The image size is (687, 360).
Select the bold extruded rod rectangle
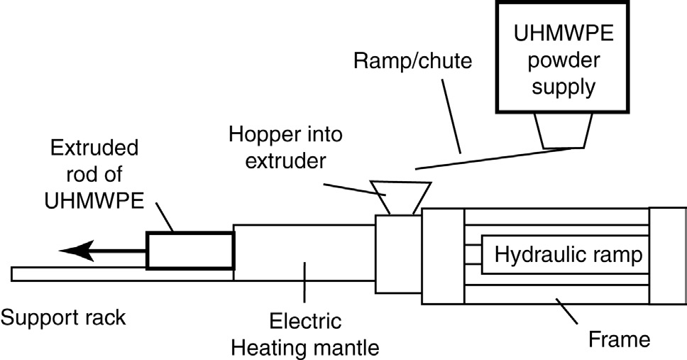pos(189,250)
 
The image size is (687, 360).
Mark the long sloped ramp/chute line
pos(497,158)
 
